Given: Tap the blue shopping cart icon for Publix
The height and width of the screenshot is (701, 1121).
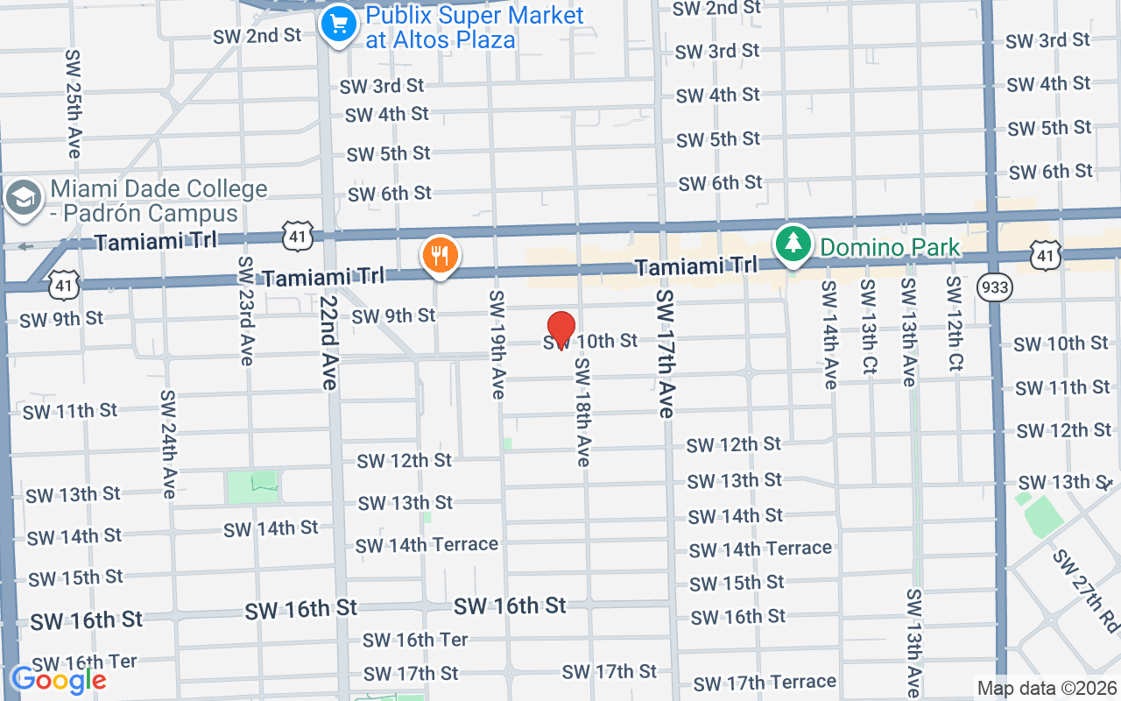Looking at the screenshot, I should pyautogui.click(x=338, y=24).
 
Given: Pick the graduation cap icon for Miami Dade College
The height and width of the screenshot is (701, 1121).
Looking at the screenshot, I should pyautogui.click(x=23, y=198).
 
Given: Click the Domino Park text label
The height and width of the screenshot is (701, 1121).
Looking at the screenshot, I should pyautogui.click(x=890, y=248).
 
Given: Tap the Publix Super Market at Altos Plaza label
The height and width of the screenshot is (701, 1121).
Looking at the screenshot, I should pyautogui.click(x=473, y=27).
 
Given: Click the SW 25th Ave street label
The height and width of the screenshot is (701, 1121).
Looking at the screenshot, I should pyautogui.click(x=73, y=103).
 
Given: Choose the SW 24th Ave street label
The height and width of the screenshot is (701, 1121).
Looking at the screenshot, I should pyautogui.click(x=168, y=443).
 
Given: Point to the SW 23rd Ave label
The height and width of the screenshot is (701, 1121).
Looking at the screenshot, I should pyautogui.click(x=246, y=311).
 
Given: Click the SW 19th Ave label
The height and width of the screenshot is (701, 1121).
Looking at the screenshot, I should pyautogui.click(x=497, y=344).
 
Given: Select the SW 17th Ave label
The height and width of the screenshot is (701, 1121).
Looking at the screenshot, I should pyautogui.click(x=665, y=354).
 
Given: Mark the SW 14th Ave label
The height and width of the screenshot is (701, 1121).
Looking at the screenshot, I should pyautogui.click(x=828, y=335).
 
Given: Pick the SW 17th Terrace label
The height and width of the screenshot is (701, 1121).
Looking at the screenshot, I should pyautogui.click(x=765, y=682).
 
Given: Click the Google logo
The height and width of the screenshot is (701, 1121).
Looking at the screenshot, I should pyautogui.click(x=58, y=679).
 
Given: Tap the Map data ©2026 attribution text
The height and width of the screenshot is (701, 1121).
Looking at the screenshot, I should pyautogui.click(x=1046, y=688).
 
